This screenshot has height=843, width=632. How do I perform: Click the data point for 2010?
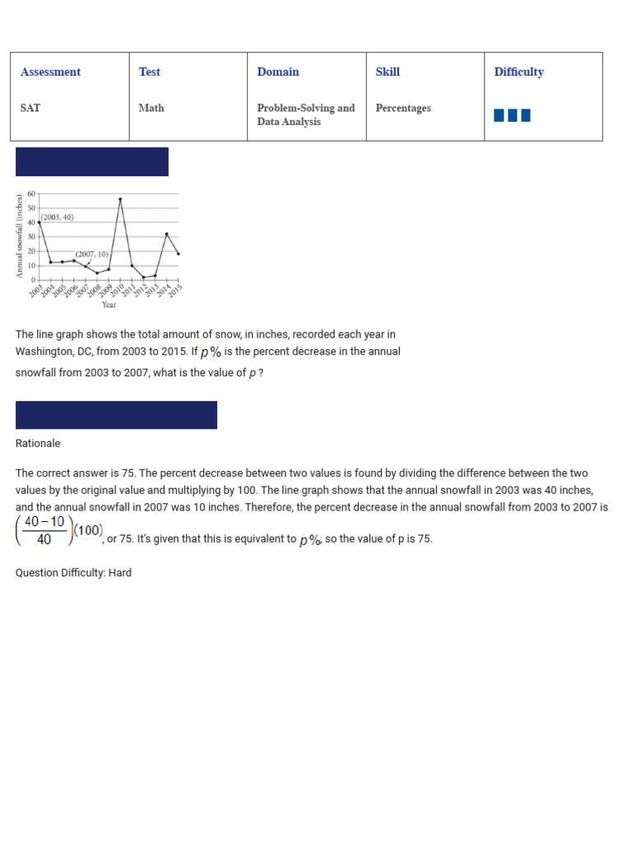(120, 199)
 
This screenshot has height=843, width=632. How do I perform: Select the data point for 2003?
(39, 222)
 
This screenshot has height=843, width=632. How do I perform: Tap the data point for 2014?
(166, 234)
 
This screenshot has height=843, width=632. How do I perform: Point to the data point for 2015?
(179, 254)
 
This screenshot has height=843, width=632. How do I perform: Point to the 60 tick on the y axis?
(31, 193)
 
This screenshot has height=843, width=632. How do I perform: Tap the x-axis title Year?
(109, 305)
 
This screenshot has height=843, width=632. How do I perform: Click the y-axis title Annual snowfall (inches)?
(20, 236)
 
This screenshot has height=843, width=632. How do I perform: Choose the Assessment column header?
(51, 72)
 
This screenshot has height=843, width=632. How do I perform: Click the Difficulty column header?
(518, 72)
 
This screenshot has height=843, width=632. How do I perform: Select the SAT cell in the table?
(30, 108)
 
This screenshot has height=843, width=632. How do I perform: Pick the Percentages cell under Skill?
(403, 108)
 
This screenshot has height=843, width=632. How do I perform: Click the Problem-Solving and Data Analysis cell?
(305, 114)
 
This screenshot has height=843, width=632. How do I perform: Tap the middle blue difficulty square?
(512, 115)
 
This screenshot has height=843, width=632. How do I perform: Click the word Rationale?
(38, 444)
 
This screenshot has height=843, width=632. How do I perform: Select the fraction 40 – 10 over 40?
(44, 531)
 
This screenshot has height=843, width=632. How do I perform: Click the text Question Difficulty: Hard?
(73, 573)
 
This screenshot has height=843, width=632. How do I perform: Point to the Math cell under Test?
(151, 108)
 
